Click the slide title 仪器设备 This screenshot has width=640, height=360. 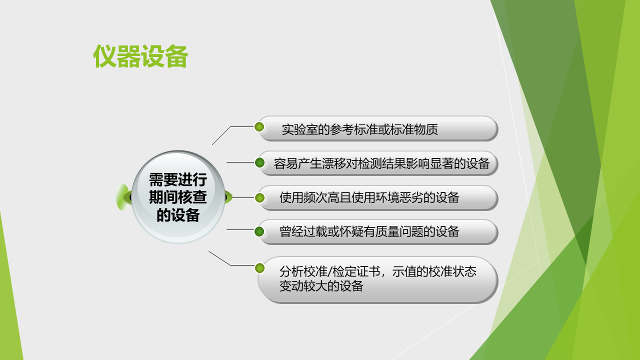[x=140, y=56]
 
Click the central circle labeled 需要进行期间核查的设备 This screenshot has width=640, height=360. [x=178, y=197]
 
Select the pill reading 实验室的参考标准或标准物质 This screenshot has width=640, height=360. [x=377, y=128]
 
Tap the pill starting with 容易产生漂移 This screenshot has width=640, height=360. [x=377, y=163]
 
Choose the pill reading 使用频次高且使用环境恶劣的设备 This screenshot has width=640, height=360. [x=377, y=197]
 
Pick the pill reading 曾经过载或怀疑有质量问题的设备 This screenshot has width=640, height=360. [x=377, y=231]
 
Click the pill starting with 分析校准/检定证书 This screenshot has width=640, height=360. [x=377, y=279]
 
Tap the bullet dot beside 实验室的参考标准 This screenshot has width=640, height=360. [x=259, y=127]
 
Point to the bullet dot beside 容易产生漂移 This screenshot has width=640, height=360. [x=259, y=162]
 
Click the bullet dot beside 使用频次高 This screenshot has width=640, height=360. [x=259, y=197]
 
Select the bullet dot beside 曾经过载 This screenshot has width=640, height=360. [x=259, y=231]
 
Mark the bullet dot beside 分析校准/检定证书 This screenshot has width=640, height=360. [x=259, y=268]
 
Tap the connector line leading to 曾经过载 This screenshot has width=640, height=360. [x=240, y=229]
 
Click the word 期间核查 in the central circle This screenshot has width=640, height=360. [x=177, y=197]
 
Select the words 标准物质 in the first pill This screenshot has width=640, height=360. [x=413, y=129]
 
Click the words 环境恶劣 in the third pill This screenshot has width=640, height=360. [x=399, y=197]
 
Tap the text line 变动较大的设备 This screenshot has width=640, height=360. [x=321, y=286]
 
